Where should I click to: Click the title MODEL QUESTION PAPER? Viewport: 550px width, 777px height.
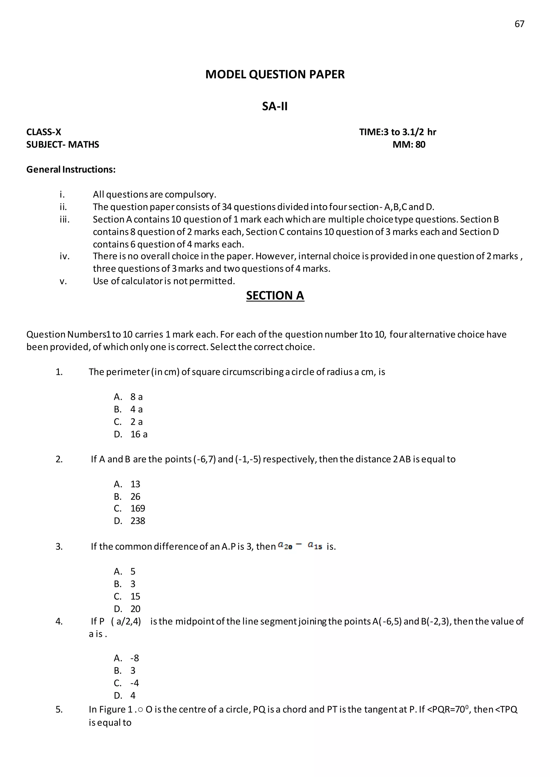coord(275,74)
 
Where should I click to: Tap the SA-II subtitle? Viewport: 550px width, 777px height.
coord(275,106)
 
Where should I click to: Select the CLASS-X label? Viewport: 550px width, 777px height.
coord(44,132)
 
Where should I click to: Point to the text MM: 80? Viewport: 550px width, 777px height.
coord(409,144)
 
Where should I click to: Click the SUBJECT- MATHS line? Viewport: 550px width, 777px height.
coord(63,144)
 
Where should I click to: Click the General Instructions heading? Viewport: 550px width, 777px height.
coord(71,169)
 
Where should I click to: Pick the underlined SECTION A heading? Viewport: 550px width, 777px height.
coord(275,296)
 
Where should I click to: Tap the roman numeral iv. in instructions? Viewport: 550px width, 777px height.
coord(64,256)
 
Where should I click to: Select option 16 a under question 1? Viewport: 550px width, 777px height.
coord(139,434)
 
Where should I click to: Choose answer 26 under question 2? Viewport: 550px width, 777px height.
coord(135,497)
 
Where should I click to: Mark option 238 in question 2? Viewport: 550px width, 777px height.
coord(137,521)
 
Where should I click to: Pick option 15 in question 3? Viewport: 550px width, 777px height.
coord(135,597)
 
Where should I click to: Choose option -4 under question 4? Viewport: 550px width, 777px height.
coord(135,683)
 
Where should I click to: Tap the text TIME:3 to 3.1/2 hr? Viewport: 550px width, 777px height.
coord(398,132)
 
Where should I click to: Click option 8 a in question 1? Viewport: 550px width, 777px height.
coord(136,397)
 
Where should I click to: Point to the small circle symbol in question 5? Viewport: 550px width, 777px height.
coord(140,710)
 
